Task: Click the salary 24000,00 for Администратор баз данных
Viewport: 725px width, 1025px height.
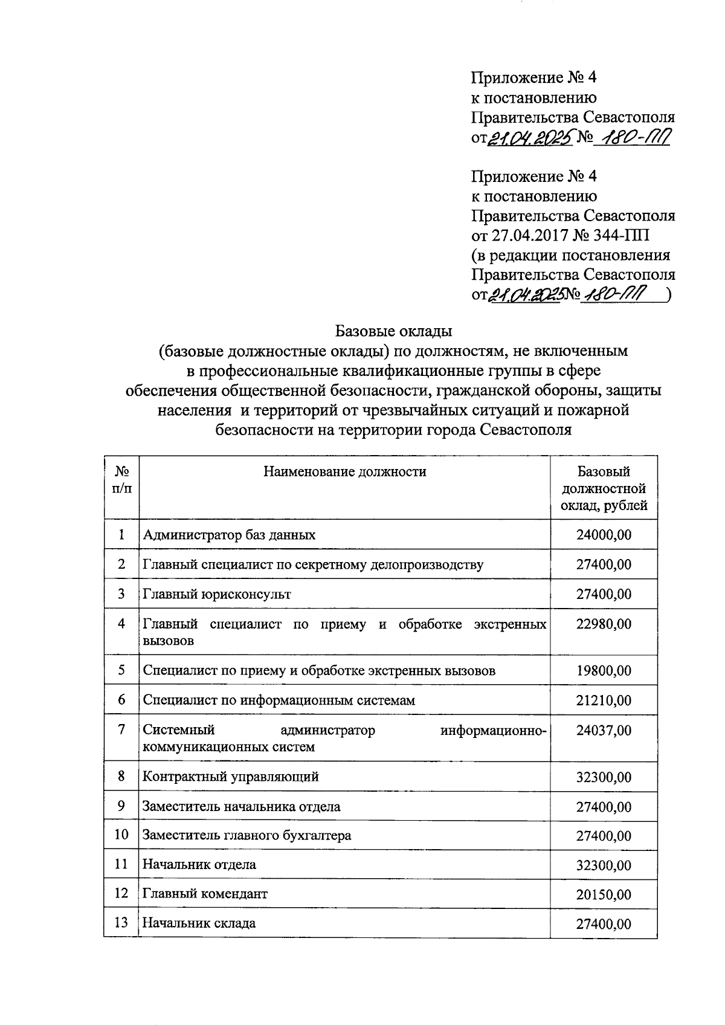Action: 603,535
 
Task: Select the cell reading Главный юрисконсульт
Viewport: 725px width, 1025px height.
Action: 216,594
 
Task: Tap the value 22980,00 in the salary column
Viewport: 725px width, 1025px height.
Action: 603,624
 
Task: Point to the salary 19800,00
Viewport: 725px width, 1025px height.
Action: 603,671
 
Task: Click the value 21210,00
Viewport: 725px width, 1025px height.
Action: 603,700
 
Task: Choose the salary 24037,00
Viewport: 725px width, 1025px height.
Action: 603,731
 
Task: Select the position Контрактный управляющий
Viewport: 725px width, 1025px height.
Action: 230,777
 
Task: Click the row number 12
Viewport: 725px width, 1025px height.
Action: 121,893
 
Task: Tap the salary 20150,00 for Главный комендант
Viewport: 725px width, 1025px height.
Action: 603,894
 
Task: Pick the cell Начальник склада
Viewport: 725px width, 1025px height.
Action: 199,923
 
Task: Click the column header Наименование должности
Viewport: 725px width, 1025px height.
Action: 344,472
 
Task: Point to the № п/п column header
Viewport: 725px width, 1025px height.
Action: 121,479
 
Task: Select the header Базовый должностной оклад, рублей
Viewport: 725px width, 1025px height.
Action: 603,488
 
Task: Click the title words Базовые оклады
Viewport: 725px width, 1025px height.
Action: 393,331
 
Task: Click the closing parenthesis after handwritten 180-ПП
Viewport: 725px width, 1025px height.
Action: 669,295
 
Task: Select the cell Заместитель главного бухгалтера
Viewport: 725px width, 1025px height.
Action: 246,836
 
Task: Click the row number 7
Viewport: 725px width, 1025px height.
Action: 121,729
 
